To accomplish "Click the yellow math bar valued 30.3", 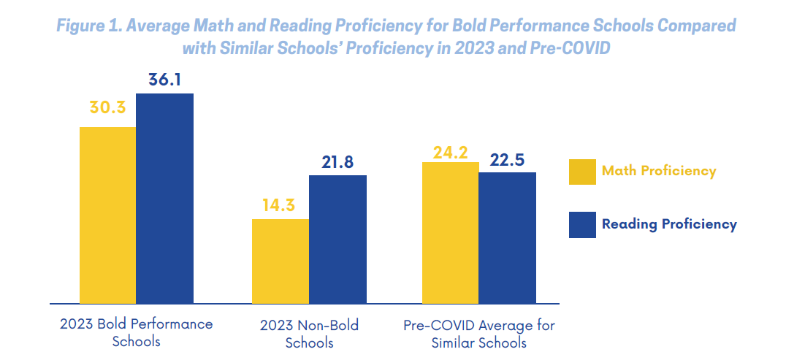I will (x=107, y=215).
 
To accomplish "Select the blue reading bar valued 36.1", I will (x=164, y=198).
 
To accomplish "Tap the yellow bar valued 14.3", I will (x=280, y=261).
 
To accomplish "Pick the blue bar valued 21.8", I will (x=337, y=239).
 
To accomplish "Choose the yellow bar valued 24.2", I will (x=450, y=232).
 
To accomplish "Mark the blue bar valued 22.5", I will (x=507, y=237).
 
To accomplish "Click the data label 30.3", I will (x=107, y=107).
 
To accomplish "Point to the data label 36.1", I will (x=164, y=80).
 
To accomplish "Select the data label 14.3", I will (x=280, y=205).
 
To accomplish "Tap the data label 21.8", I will (x=337, y=162).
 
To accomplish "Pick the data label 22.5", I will (x=507, y=159).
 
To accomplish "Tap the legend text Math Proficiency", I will (x=658, y=172).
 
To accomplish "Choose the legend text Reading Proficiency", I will (x=669, y=225).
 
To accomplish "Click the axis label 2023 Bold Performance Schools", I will (x=136, y=332).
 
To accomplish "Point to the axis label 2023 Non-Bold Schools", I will (x=309, y=332).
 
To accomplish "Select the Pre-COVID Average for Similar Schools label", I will (x=478, y=332).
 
